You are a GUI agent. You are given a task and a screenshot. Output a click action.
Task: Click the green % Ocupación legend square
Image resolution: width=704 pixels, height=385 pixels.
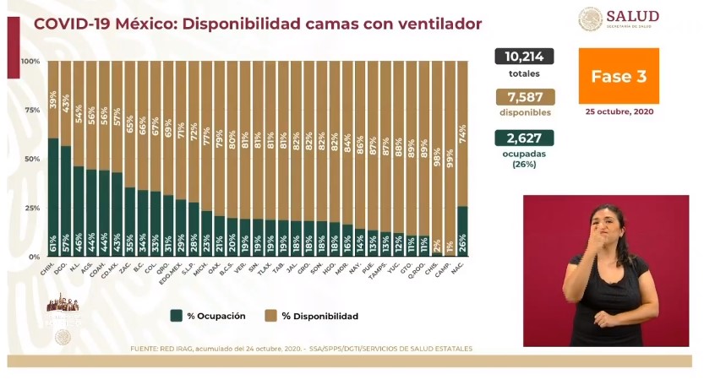[x=177, y=316]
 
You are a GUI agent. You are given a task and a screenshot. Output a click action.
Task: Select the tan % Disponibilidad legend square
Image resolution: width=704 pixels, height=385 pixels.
[x=270, y=316]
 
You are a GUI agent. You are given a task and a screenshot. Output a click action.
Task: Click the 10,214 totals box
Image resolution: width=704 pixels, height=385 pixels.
[x=524, y=57]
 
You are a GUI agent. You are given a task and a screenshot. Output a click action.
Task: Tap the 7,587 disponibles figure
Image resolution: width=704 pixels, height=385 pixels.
[x=524, y=97]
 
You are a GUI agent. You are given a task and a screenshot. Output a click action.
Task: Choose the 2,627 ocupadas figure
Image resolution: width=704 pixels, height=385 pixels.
[x=524, y=138]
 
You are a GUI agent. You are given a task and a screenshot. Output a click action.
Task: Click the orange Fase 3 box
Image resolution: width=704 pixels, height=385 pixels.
[x=618, y=76]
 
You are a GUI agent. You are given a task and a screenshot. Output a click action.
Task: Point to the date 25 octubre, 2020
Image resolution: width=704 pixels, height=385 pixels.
[x=619, y=111]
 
